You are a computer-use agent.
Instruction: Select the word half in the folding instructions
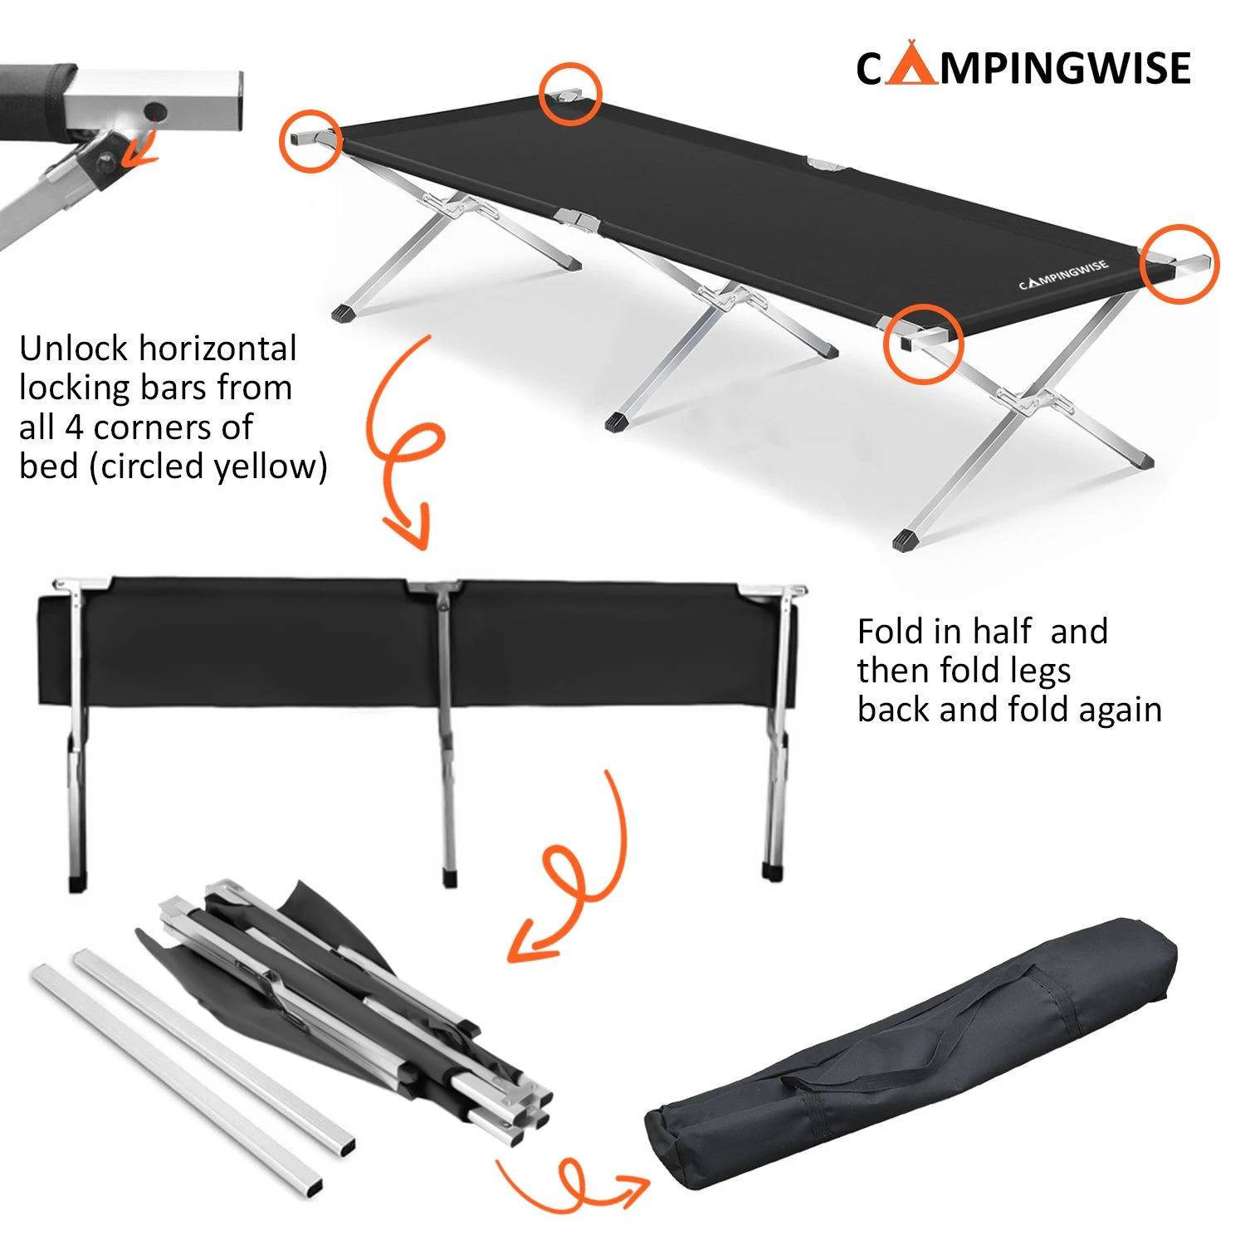point(1002,632)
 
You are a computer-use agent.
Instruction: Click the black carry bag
point(913,1071)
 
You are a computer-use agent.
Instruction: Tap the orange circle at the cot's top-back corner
point(569,94)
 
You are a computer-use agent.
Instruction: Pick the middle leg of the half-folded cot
point(447,730)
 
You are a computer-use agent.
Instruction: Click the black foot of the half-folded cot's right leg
point(773,871)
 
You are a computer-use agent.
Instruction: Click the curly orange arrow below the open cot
point(407,448)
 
